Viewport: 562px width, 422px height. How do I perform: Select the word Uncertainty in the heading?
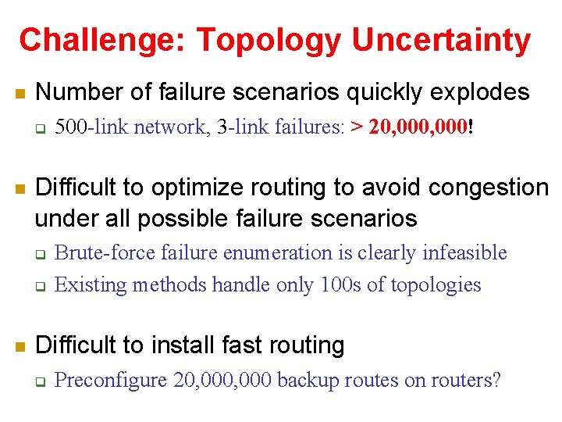click(x=441, y=40)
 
